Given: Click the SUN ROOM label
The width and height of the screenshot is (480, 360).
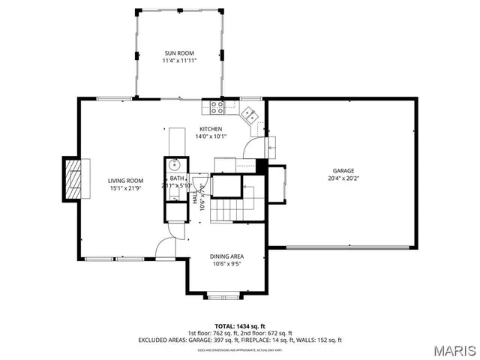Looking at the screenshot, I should coord(179,53).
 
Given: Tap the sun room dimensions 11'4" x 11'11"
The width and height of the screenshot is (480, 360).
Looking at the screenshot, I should coord(179,61).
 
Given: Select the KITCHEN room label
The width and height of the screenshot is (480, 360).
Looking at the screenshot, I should coord(211,129).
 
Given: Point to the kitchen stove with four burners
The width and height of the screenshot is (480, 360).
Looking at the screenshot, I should coord(217,107).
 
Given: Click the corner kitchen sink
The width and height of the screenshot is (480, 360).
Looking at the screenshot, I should coord(250,114).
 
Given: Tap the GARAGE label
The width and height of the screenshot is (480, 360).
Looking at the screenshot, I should coord(344,171).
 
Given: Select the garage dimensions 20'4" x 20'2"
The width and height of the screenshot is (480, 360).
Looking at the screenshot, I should coord(344,178).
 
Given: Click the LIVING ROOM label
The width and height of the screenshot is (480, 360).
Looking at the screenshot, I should coord(125,181).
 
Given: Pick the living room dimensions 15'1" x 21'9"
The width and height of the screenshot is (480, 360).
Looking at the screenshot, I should coord(125,188).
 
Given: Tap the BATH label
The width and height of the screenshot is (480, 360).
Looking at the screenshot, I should coord(176,178).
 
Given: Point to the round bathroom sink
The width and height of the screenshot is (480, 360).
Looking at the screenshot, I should coord(175,163).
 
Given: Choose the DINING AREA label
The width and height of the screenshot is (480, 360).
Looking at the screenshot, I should coord(226,256).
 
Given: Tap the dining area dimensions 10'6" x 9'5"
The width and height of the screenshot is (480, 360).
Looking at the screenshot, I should coord(226,264).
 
